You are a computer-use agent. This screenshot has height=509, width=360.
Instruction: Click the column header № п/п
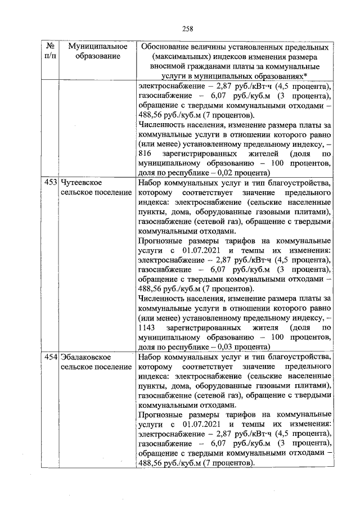[51, 51]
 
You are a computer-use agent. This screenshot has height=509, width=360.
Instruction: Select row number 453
[51, 183]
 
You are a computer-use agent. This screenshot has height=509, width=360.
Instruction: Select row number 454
[51, 357]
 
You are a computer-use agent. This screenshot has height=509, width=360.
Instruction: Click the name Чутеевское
[81, 183]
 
